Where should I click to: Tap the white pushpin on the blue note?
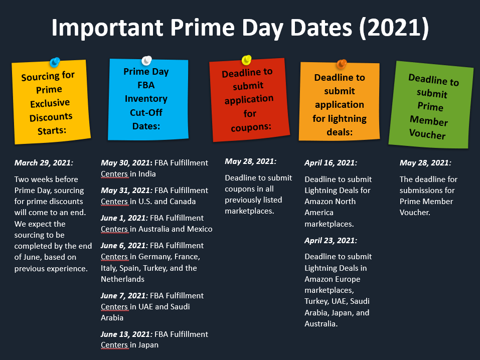(x=146, y=61)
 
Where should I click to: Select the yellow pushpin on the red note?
(x=246, y=61)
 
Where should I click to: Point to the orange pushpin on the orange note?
(x=342, y=64)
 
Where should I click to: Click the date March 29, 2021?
(x=44, y=162)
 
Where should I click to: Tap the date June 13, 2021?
(x=126, y=334)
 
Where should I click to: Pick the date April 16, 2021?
(x=331, y=162)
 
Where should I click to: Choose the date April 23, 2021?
(x=331, y=240)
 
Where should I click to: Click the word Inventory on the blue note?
(x=146, y=99)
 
